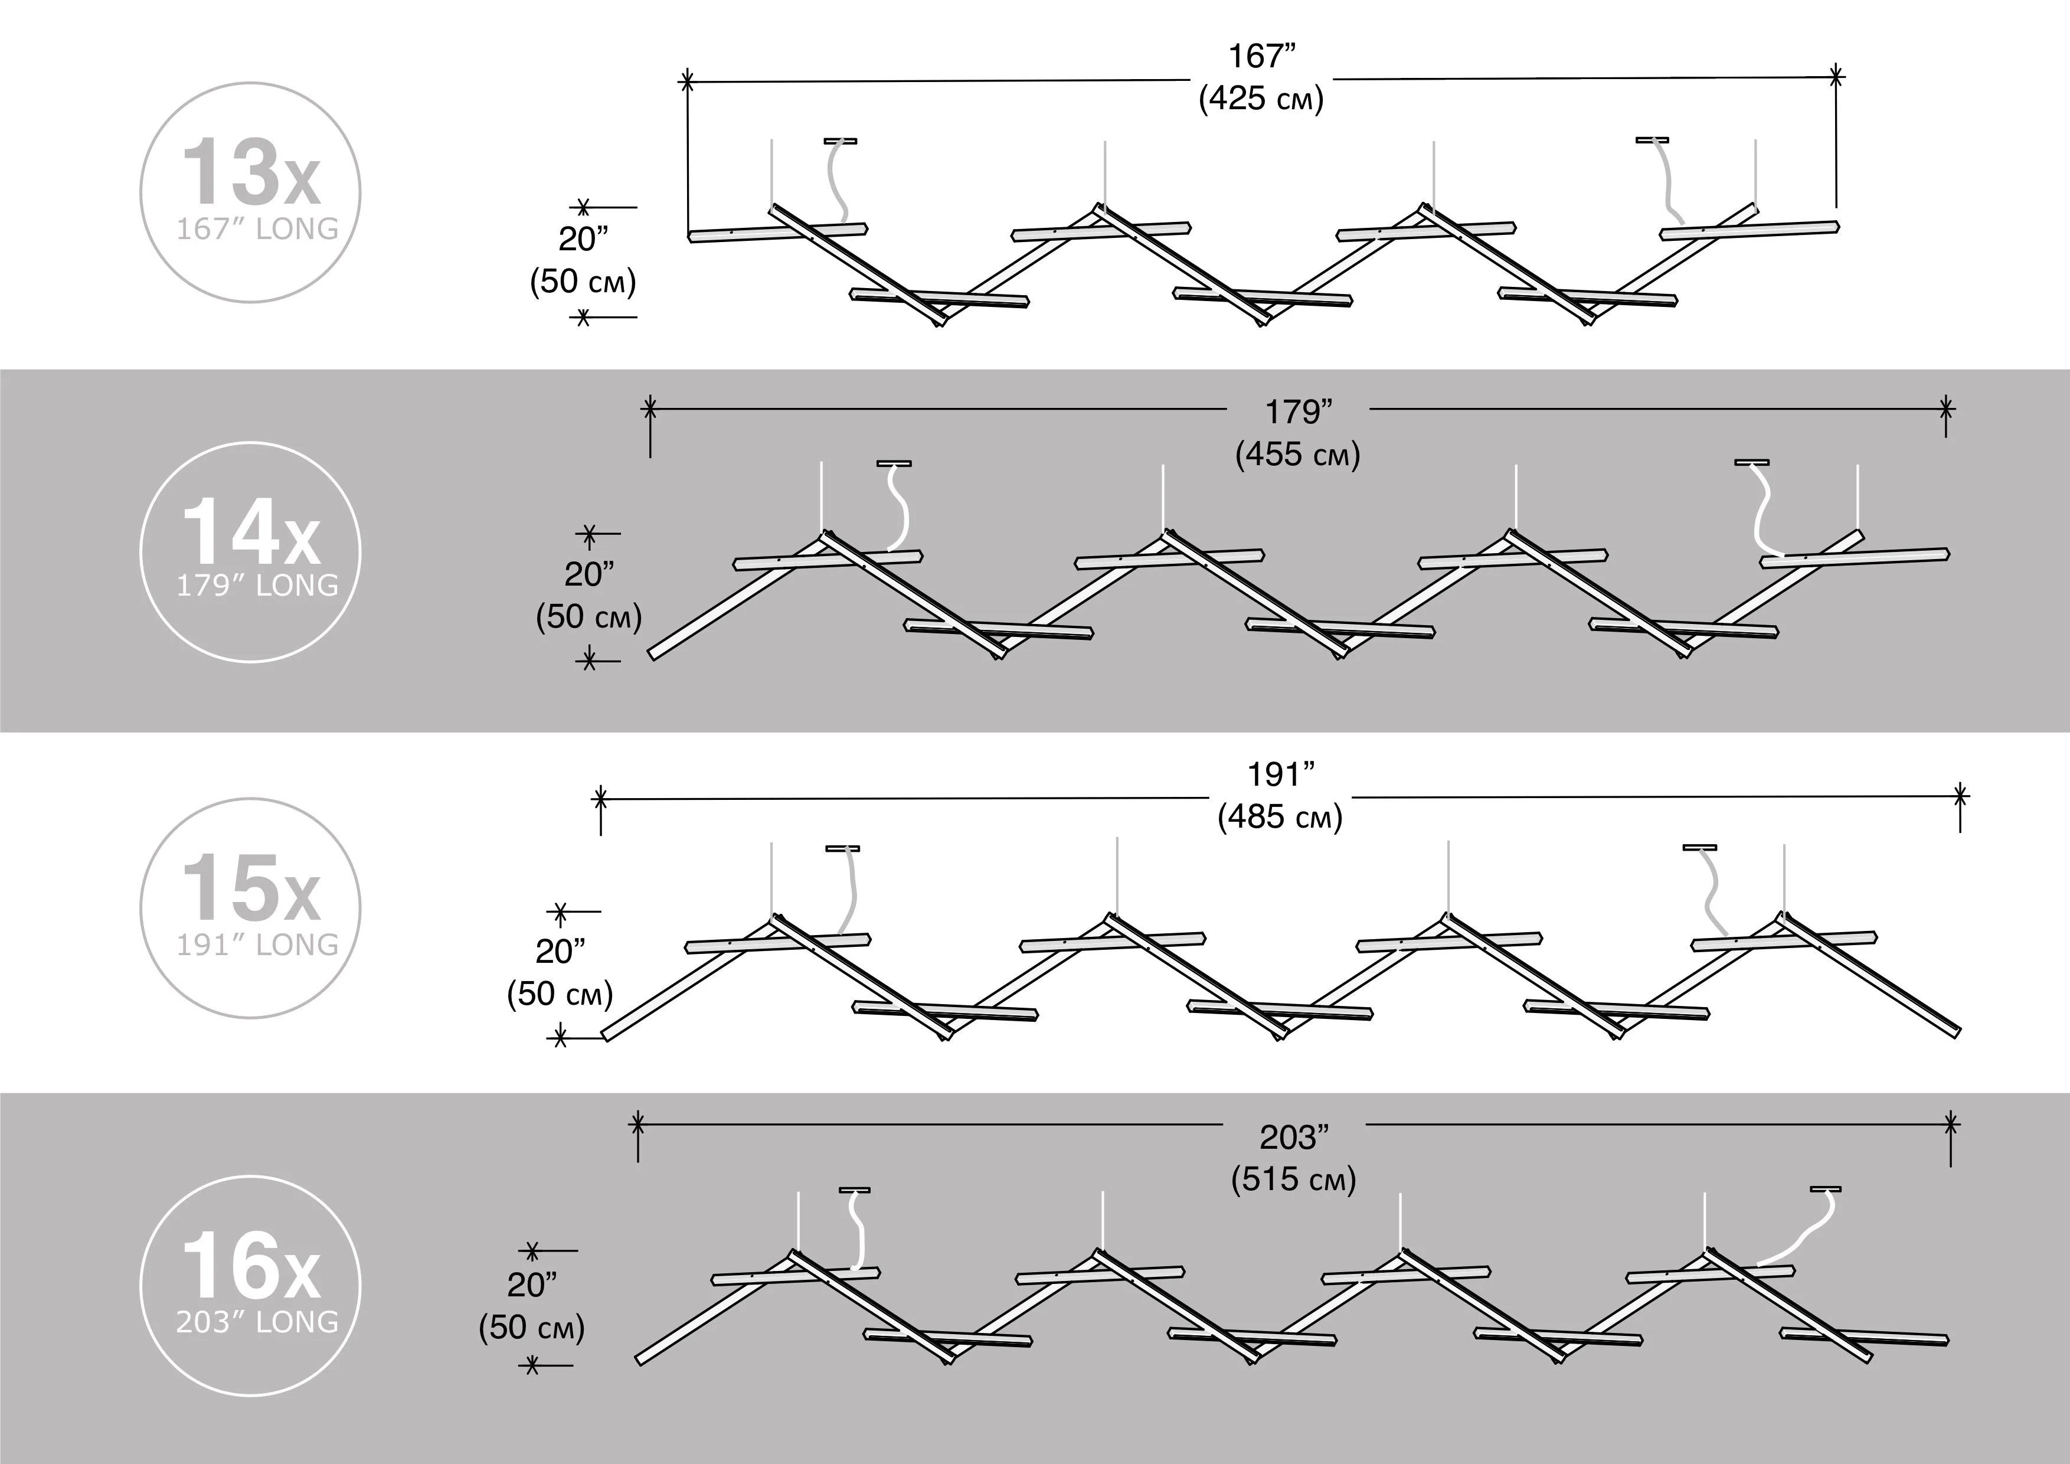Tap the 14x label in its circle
coord(251,534)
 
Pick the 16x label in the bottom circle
coord(251,1267)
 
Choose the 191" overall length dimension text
coord(1280,775)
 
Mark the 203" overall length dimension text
coord(1294,1138)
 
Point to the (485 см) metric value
coord(1280,817)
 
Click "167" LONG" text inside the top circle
coord(257,229)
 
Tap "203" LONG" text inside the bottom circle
coord(257,1322)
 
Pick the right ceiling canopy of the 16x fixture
coord(1826,1189)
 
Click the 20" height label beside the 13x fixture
coord(583,240)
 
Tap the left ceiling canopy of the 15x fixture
coord(843,848)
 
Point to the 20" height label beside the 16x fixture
coord(532,1286)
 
